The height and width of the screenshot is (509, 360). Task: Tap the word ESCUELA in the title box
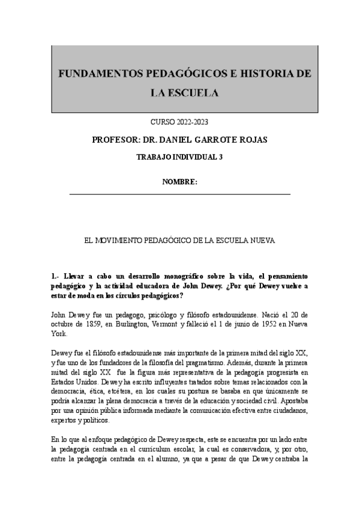tap(193, 92)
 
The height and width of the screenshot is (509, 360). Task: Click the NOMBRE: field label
tap(180, 182)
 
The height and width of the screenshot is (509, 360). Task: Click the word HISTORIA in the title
tap(266, 74)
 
